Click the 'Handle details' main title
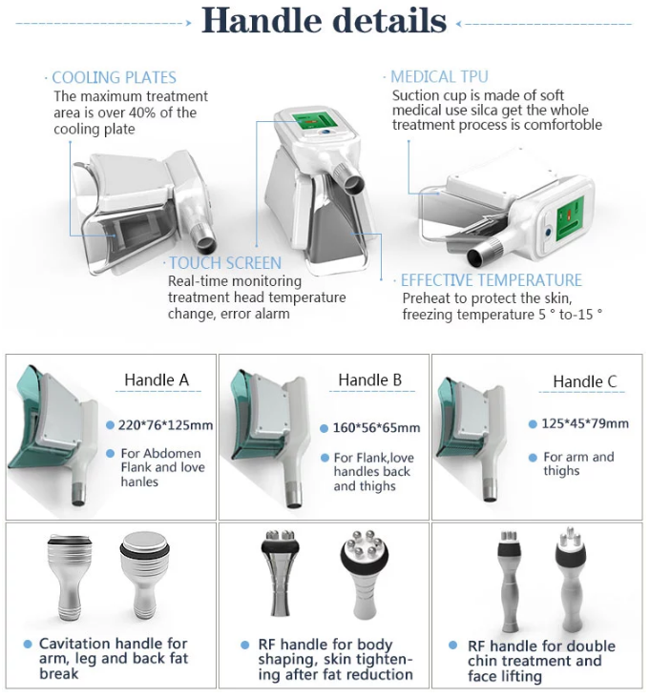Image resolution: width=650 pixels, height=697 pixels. [x=325, y=20]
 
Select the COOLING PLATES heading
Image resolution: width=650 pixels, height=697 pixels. [x=114, y=78]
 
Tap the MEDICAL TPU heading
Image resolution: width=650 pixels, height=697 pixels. [x=439, y=77]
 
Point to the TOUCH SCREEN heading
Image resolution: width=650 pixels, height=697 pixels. [x=225, y=263]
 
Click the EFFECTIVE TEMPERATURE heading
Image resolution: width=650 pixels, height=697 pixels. [x=491, y=280]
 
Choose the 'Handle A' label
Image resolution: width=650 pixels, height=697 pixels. [x=157, y=379]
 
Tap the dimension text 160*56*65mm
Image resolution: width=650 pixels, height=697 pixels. [x=379, y=428]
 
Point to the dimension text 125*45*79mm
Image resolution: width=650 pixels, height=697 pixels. [x=585, y=423]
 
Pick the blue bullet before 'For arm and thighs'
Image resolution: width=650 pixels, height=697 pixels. [x=533, y=457]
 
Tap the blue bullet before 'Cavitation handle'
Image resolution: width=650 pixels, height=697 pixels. [x=29, y=645]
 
